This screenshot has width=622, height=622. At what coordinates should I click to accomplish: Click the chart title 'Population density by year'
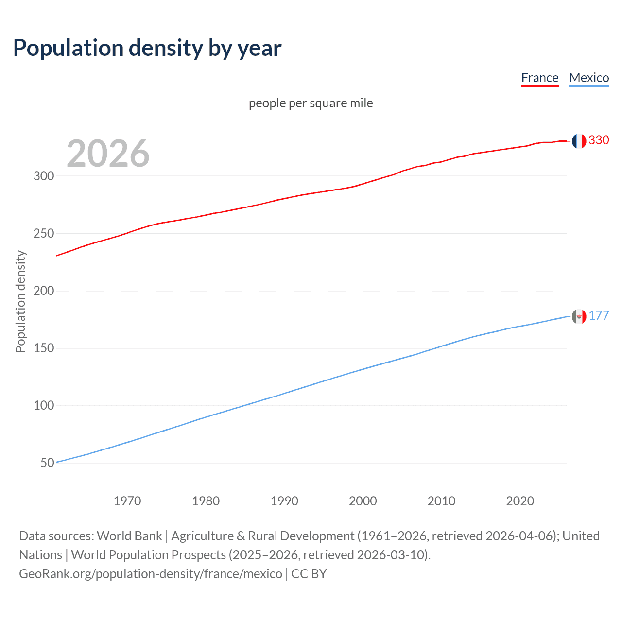[147, 48]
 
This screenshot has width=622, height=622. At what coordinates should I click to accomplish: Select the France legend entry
[539, 78]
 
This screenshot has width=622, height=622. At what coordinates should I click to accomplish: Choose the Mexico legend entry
[589, 78]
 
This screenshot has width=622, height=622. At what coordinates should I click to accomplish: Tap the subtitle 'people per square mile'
[311, 103]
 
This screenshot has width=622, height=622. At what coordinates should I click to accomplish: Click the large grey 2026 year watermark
[108, 154]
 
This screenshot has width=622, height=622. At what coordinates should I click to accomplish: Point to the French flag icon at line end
[579, 141]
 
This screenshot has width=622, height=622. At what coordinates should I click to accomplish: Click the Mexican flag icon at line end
[579, 316]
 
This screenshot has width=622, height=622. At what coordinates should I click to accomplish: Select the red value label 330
[599, 140]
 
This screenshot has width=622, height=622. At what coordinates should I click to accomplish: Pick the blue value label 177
[599, 315]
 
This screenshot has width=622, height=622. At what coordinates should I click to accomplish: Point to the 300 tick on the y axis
[44, 176]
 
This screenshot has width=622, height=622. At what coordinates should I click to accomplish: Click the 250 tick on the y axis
[44, 233]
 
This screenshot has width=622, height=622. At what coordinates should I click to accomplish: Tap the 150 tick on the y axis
[44, 348]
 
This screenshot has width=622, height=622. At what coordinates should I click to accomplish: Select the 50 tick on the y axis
[47, 463]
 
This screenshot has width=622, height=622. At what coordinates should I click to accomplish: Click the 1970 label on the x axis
[127, 501]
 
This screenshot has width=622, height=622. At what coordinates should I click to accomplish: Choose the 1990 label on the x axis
[284, 501]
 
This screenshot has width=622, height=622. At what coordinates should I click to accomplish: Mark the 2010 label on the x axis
[441, 501]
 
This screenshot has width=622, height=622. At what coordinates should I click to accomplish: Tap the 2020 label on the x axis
[520, 501]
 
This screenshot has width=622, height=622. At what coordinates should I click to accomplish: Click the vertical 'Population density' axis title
[20, 301]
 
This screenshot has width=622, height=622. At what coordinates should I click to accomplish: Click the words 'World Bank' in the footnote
[129, 536]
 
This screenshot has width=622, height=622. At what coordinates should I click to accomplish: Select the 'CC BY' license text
[309, 573]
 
